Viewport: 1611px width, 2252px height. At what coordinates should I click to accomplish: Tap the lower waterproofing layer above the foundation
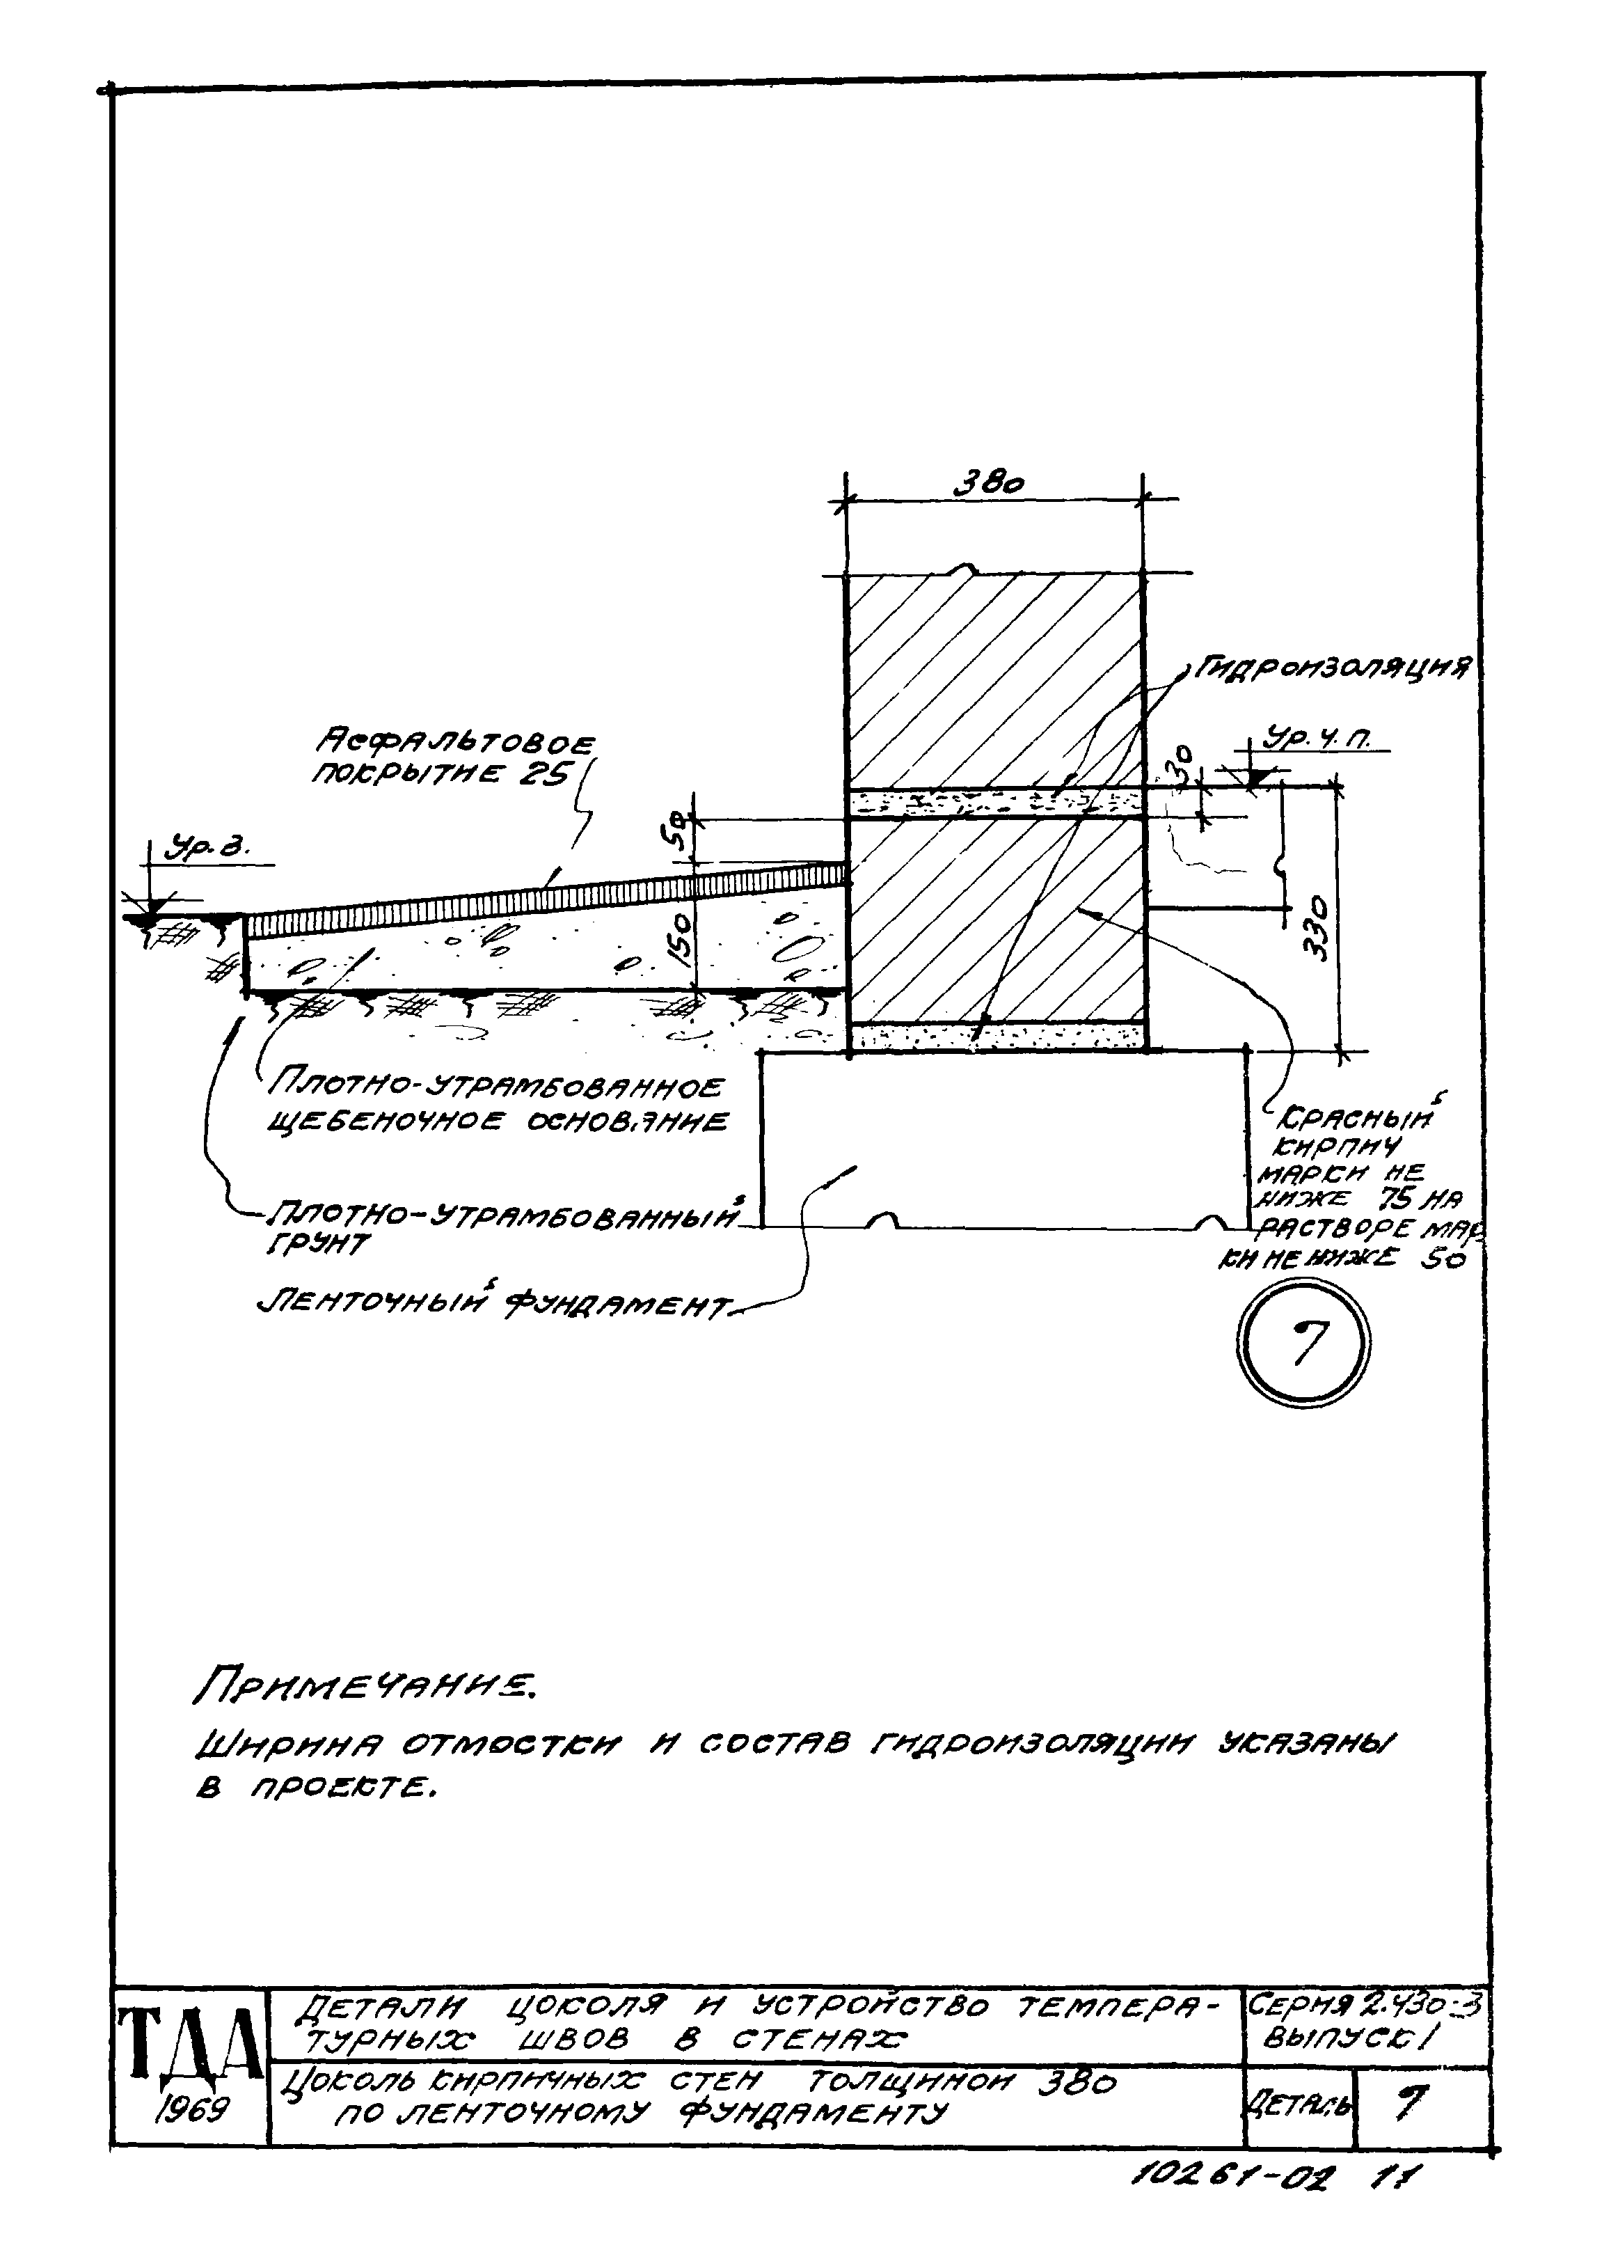pyautogui.click(x=998, y=1037)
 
